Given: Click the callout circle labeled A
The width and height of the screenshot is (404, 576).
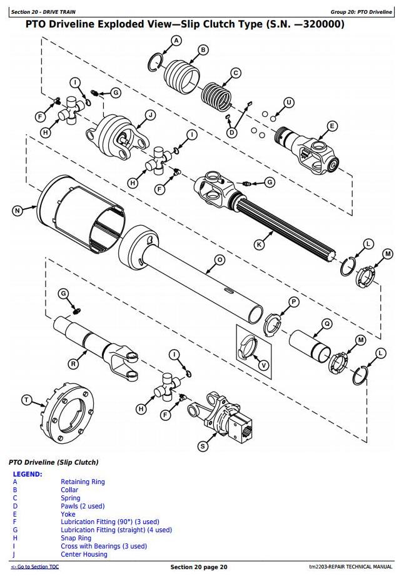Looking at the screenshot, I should click(x=176, y=41).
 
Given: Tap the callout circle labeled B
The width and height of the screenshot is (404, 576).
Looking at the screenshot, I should click(x=203, y=50).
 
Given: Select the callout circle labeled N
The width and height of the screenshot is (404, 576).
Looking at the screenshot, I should click(x=18, y=210).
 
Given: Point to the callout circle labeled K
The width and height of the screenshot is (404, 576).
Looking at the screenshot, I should click(x=260, y=245).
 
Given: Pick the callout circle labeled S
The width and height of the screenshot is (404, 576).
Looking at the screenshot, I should click(x=203, y=446).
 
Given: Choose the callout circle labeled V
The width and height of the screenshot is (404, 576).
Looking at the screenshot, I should click(x=263, y=365).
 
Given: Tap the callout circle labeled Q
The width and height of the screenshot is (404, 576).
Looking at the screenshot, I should click(x=326, y=323).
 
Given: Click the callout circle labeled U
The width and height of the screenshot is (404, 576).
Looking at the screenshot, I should click(x=288, y=103).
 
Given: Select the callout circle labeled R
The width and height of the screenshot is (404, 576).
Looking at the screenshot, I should click(x=74, y=363).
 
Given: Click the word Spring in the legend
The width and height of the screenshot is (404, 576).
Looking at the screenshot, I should click(x=70, y=498).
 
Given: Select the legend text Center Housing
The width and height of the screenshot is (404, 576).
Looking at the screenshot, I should click(x=84, y=554).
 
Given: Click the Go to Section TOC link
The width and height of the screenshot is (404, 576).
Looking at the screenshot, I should click(x=34, y=567).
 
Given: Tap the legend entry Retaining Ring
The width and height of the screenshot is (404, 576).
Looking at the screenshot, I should click(x=83, y=482).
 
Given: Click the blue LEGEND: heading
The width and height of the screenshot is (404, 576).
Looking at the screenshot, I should click(x=28, y=474).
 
